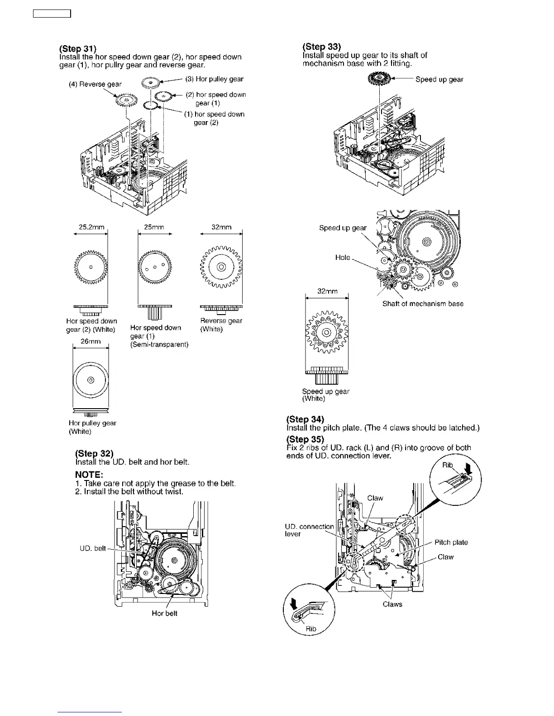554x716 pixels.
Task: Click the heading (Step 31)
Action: point(77,49)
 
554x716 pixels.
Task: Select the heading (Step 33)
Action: point(321,47)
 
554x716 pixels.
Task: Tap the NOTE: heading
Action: point(89,475)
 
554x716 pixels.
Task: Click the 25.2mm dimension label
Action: point(91,227)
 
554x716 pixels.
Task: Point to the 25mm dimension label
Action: point(154,227)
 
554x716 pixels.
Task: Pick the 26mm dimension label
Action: point(91,341)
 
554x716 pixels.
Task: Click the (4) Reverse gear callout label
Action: point(95,84)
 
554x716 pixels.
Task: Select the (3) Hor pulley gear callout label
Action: point(215,79)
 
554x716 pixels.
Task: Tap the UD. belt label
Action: point(93,548)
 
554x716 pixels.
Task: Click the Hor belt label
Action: point(164,613)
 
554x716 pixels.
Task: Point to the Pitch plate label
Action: point(451,542)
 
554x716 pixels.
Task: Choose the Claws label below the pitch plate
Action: point(392,604)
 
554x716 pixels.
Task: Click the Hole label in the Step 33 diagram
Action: point(343,257)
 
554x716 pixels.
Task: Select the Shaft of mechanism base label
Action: point(423,304)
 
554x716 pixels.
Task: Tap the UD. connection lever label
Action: point(309,530)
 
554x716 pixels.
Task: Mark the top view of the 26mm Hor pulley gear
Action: point(91,379)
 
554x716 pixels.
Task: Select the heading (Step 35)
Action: point(305,439)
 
